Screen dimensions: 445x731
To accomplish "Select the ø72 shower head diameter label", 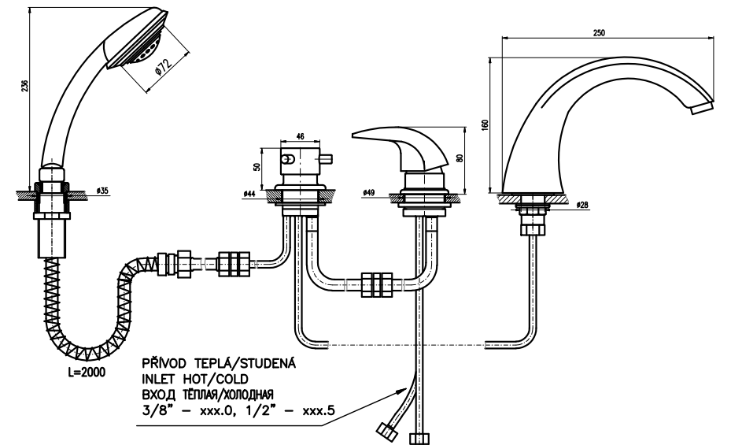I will click(x=163, y=68).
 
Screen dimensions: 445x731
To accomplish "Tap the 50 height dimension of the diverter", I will click(x=257, y=167).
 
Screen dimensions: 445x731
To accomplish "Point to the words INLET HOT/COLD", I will click(x=186, y=380).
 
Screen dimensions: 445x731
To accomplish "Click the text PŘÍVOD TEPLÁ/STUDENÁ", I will click(x=218, y=365).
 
